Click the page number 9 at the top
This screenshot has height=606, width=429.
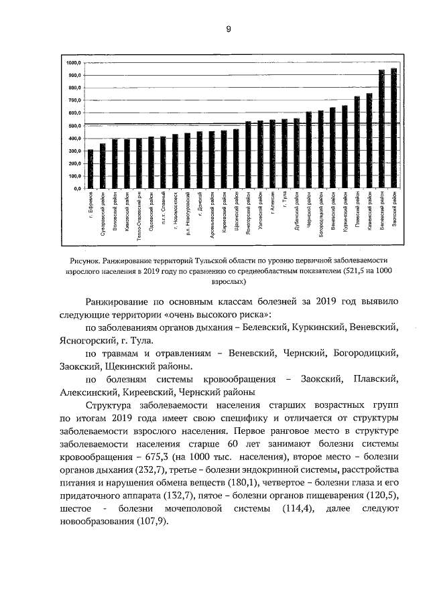pos(228,29)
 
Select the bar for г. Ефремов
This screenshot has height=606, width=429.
pos(90,169)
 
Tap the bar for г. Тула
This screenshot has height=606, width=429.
pos(285,154)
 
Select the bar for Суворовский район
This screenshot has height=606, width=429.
pos(103,166)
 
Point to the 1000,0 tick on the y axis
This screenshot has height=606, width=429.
pos(74,62)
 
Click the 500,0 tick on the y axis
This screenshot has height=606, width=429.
pos(74,126)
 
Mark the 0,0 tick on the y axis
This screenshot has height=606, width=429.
pos(76,189)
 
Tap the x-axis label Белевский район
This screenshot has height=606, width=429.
pos(382,214)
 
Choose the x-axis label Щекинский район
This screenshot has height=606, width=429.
pos(236,213)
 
